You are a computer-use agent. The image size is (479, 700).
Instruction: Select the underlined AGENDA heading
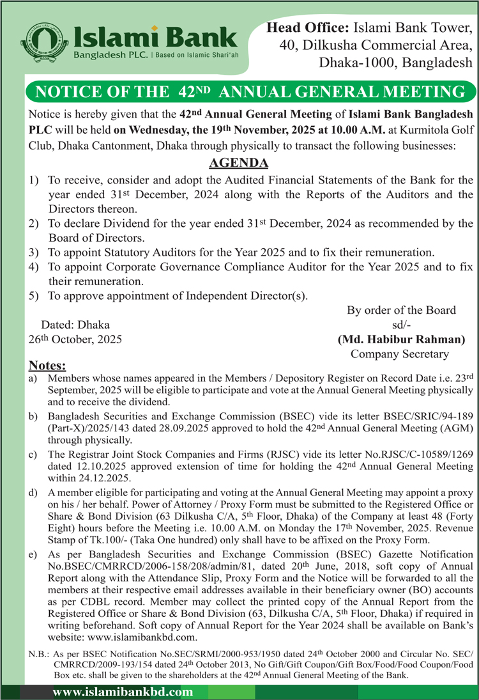[239, 163]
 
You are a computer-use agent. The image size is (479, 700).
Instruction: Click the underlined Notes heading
[47, 366]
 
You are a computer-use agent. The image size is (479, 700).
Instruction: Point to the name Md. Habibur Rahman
[401, 339]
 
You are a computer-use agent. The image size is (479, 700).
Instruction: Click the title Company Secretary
[400, 354]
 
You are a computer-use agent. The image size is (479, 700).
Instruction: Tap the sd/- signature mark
[401, 325]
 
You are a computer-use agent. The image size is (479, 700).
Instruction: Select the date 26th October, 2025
[75, 339]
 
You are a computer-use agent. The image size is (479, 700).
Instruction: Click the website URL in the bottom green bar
[123, 692]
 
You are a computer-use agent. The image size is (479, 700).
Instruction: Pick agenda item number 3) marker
[34, 253]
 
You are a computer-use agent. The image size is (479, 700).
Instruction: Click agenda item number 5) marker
[34, 295]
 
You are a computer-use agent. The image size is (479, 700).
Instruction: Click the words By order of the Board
[401, 310]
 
